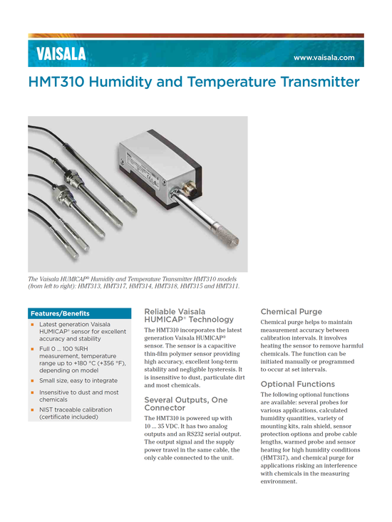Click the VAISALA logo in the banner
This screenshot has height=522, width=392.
(61, 54)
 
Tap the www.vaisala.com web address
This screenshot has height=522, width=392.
(324, 58)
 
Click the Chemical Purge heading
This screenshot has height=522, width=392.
(292, 312)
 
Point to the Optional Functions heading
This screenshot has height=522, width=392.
(298, 384)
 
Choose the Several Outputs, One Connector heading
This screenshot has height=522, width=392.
(186, 404)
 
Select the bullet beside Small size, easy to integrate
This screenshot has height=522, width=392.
(32, 380)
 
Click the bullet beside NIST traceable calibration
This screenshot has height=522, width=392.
(32, 409)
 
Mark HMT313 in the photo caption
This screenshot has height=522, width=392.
(89, 286)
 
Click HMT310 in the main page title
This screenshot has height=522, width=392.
(56, 82)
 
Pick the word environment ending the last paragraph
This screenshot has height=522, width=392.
(279, 481)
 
